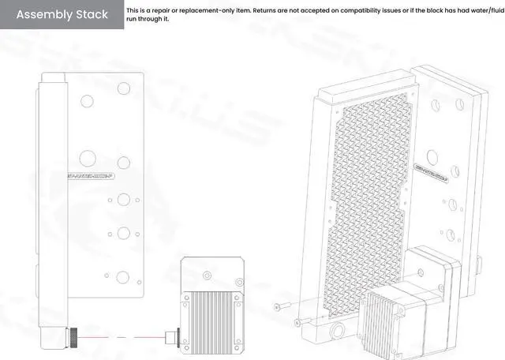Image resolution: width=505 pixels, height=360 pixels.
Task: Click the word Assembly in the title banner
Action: [x=44, y=15]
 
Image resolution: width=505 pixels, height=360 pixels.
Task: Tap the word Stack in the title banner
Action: [x=92, y=15]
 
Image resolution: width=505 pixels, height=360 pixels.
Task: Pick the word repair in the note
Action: [x=166, y=11]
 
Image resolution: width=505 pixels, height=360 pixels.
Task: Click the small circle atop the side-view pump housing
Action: [x=207, y=276]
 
